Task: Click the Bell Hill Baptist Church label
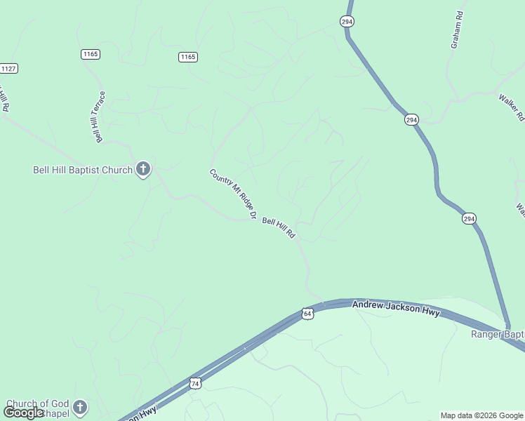coord(83,170)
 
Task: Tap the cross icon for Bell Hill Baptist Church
coord(142,168)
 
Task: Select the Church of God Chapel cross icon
coord(80,406)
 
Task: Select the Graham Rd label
coord(456,29)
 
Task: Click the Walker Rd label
coord(512,107)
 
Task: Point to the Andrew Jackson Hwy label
coord(396,308)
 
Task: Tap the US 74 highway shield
coord(196,383)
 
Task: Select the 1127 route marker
coord(8,68)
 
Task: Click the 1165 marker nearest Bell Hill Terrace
coord(91,54)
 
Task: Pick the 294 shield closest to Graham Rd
coord(347,22)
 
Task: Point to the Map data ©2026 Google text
coord(482,415)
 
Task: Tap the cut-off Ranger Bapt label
coord(497,334)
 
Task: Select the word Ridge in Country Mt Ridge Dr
coord(242,202)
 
